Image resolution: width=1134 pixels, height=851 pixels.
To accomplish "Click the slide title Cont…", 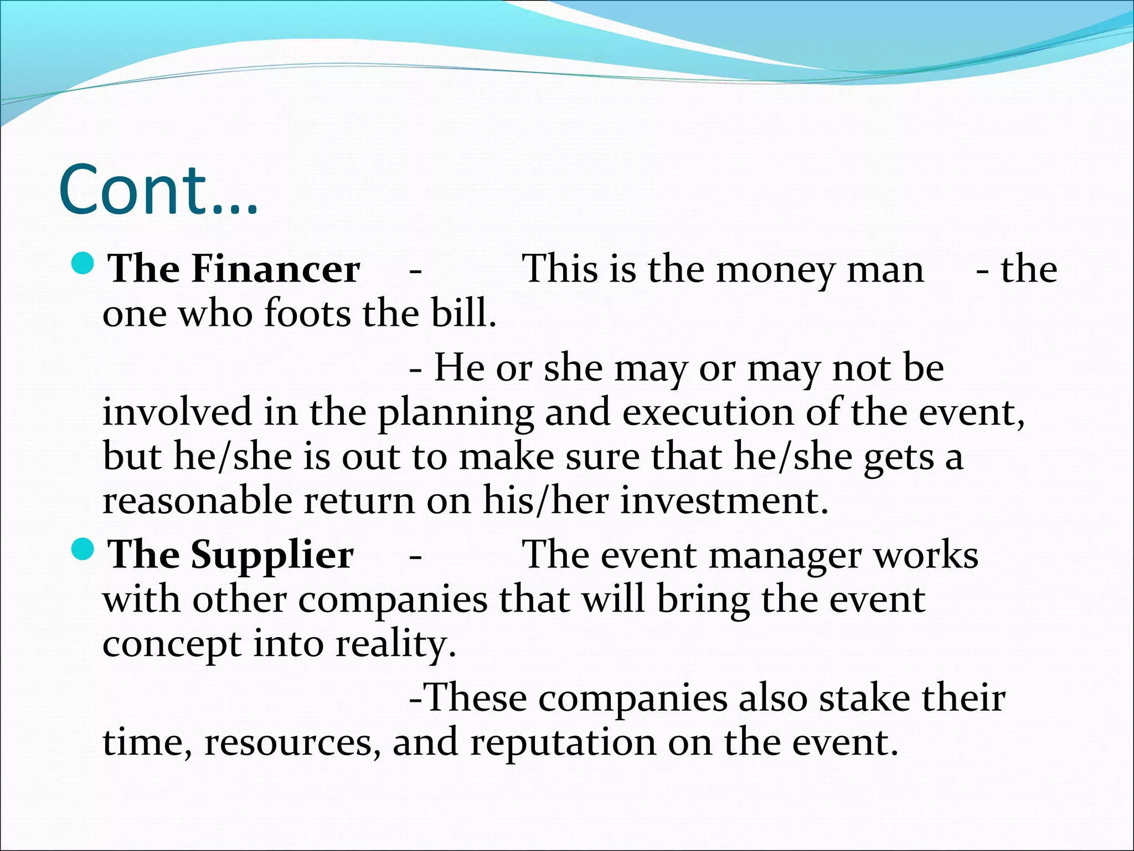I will (x=158, y=189).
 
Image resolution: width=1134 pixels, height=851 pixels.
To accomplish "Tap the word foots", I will (x=307, y=314).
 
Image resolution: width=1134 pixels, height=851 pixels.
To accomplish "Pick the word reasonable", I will (x=197, y=500).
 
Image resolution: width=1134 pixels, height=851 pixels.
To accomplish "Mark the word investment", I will (x=724, y=500).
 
